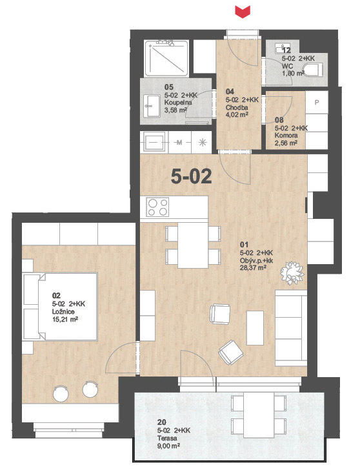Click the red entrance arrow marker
pos(243,12)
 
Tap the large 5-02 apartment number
pos(191,176)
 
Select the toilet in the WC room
pos(313,70)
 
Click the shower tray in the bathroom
pos(166,58)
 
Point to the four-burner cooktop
pos(157,207)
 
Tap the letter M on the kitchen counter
pos(179,142)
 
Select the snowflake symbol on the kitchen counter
pos(203,142)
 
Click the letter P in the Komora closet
pos(317,103)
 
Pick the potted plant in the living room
pos(292,273)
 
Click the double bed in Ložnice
pos(61,307)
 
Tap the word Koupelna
pos(178,103)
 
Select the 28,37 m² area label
pos(253,267)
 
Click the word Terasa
pos(167,438)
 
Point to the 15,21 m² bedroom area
pos(65,320)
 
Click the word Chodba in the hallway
pos(237,107)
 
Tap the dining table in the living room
pos(193,245)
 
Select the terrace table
pos(259,415)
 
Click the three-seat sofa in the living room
pos(291,328)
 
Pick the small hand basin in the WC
pos(279,48)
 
